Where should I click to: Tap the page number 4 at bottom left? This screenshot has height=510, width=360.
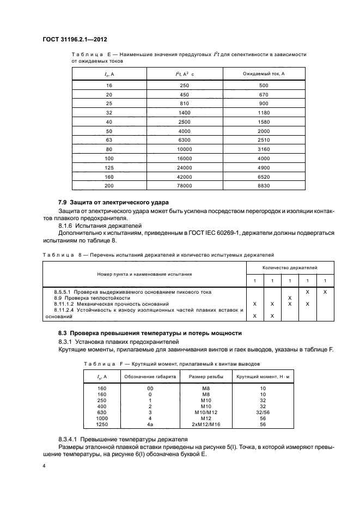[44, 466]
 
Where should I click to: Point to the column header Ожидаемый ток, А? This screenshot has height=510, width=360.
[264, 74]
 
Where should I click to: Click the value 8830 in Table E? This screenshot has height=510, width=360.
[264, 186]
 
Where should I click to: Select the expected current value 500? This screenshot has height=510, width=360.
[264, 86]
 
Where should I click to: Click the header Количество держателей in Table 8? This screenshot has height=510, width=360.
[290, 268]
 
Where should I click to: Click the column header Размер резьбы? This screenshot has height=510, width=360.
[202, 377]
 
